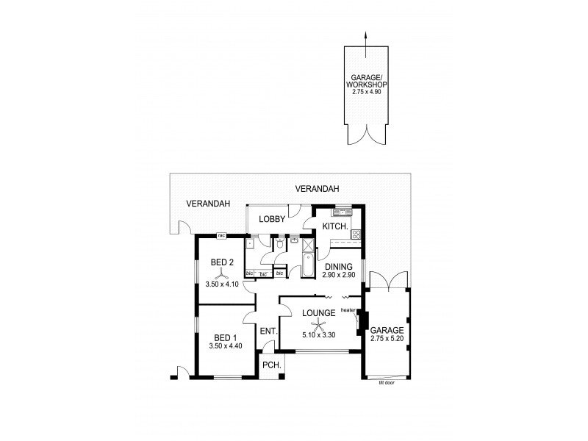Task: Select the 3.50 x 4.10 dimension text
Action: [x=223, y=283]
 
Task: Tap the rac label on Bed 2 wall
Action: [x=220, y=236]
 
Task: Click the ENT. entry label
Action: [x=268, y=331]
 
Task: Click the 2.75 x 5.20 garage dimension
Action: [x=387, y=339]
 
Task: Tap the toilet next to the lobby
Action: [x=280, y=245]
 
